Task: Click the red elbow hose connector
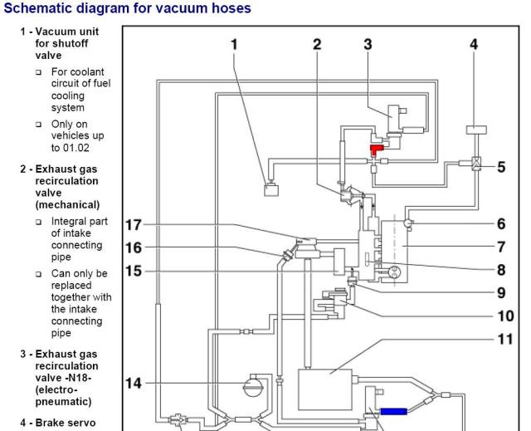[375, 149]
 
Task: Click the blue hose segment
[394, 411]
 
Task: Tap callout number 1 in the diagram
[234, 44]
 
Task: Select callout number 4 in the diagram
[474, 44]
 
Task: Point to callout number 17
[134, 225]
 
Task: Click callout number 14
[134, 383]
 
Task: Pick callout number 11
[505, 339]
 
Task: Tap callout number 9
[501, 293]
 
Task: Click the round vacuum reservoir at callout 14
[253, 385]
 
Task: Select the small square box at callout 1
[271, 189]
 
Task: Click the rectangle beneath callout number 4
[476, 130]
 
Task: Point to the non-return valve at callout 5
[476, 164]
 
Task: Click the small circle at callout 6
[408, 223]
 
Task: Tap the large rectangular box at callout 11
[325, 389]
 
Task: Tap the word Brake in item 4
[49, 423]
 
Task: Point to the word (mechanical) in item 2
[67, 205]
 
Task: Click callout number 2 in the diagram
[317, 44]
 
